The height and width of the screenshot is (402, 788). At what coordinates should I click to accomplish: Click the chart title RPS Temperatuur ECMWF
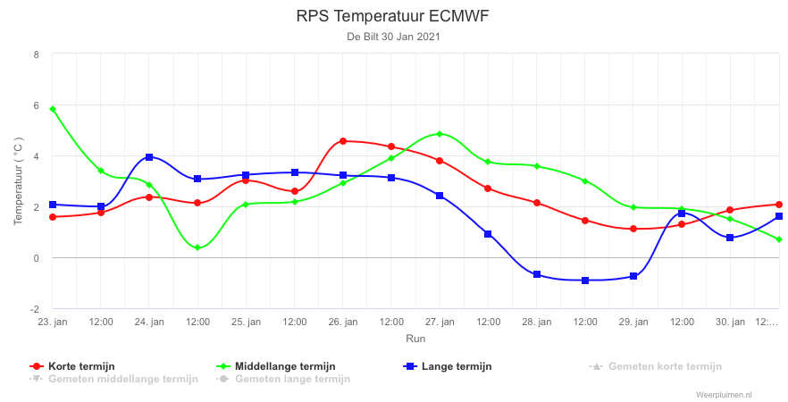click(392, 16)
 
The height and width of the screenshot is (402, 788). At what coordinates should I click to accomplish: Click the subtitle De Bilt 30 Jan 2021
click(393, 37)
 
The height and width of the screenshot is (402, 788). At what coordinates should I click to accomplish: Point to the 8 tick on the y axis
click(36, 54)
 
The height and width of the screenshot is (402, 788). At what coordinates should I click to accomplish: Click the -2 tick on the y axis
click(35, 309)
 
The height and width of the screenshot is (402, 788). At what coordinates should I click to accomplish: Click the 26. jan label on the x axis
click(343, 322)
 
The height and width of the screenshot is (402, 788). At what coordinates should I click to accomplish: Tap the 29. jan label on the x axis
click(633, 322)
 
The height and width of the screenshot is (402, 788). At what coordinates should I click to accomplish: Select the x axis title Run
click(415, 339)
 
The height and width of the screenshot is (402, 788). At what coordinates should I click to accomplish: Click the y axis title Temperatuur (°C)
click(18, 180)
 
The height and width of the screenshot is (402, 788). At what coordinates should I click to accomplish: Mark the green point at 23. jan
click(53, 109)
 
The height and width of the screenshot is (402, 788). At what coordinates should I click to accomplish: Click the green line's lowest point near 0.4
click(197, 247)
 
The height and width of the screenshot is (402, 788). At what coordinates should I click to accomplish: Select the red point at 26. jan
click(343, 141)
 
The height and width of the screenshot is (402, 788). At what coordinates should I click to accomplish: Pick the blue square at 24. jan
click(149, 157)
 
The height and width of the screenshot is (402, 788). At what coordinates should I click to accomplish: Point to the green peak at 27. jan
click(440, 134)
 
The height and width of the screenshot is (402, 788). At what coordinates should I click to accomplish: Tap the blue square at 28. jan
click(537, 274)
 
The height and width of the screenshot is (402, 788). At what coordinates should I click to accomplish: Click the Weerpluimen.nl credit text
click(724, 396)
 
